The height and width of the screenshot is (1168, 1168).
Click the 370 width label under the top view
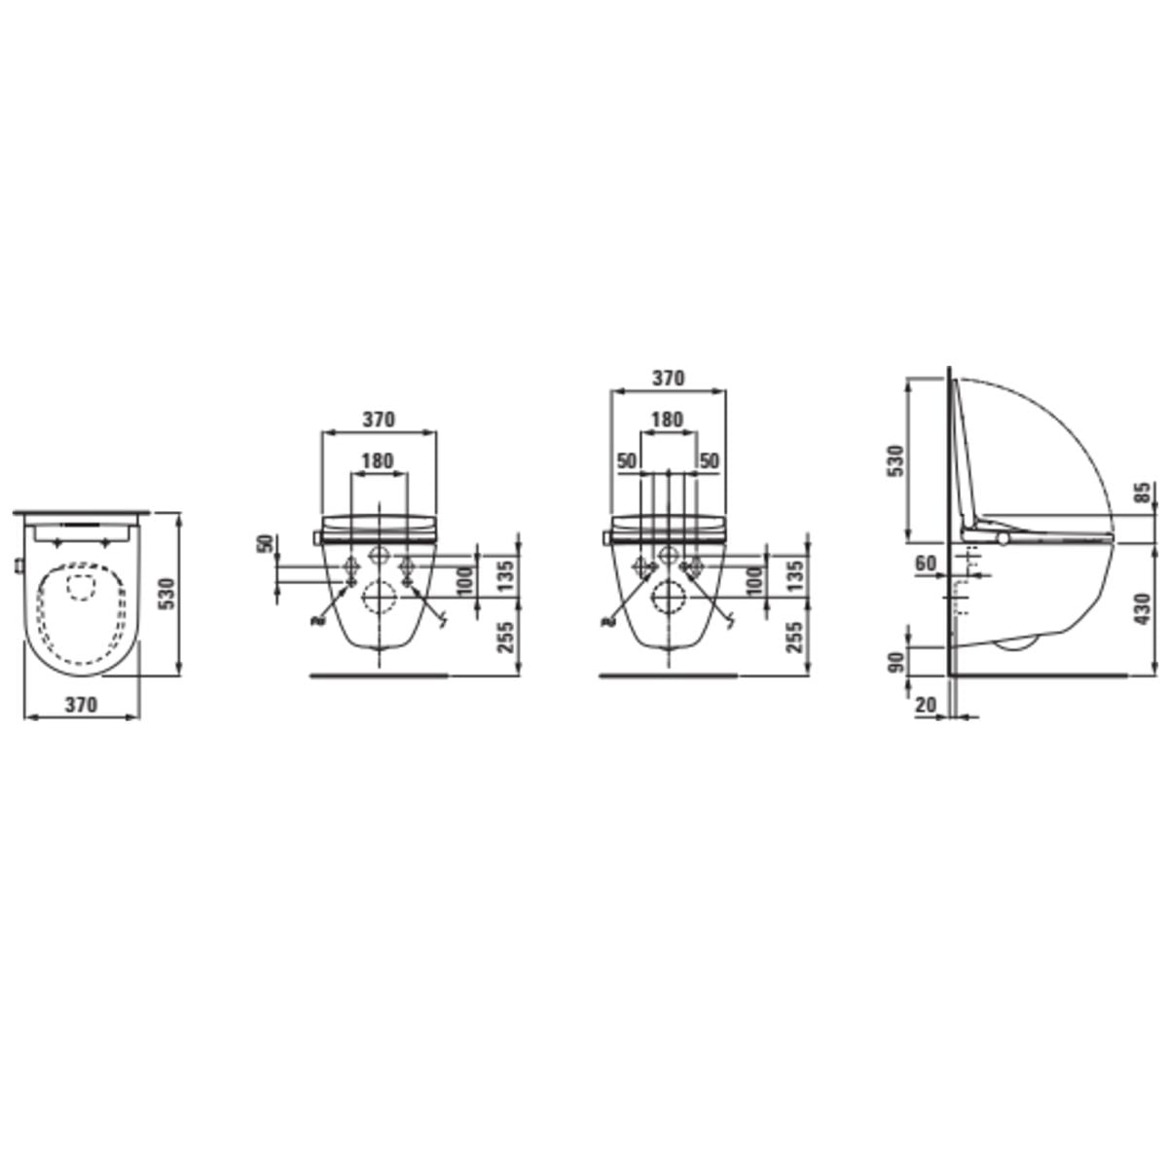click(81, 705)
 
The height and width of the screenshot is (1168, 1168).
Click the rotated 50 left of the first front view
click(266, 544)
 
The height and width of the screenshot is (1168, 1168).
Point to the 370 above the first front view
click(379, 419)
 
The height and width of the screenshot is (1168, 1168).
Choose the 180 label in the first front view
click(378, 460)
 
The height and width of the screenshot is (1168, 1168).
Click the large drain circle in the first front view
click(379, 597)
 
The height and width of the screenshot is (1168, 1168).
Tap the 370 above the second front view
click(668, 379)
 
